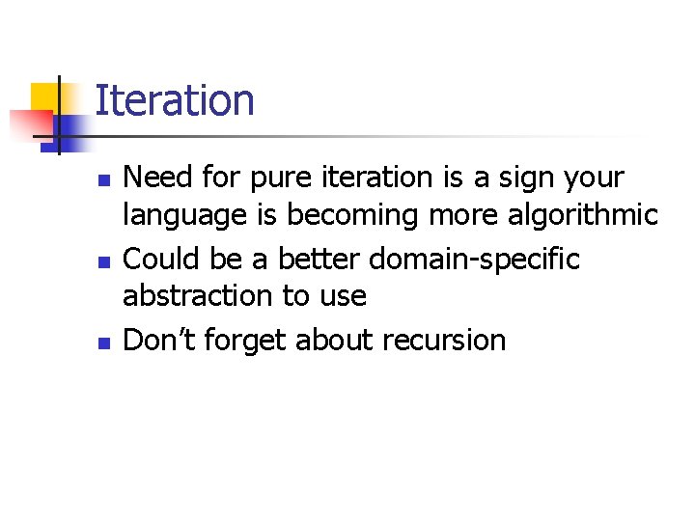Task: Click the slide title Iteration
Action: [x=175, y=101]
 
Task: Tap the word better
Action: [x=321, y=259]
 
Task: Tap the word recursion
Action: [x=444, y=340]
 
